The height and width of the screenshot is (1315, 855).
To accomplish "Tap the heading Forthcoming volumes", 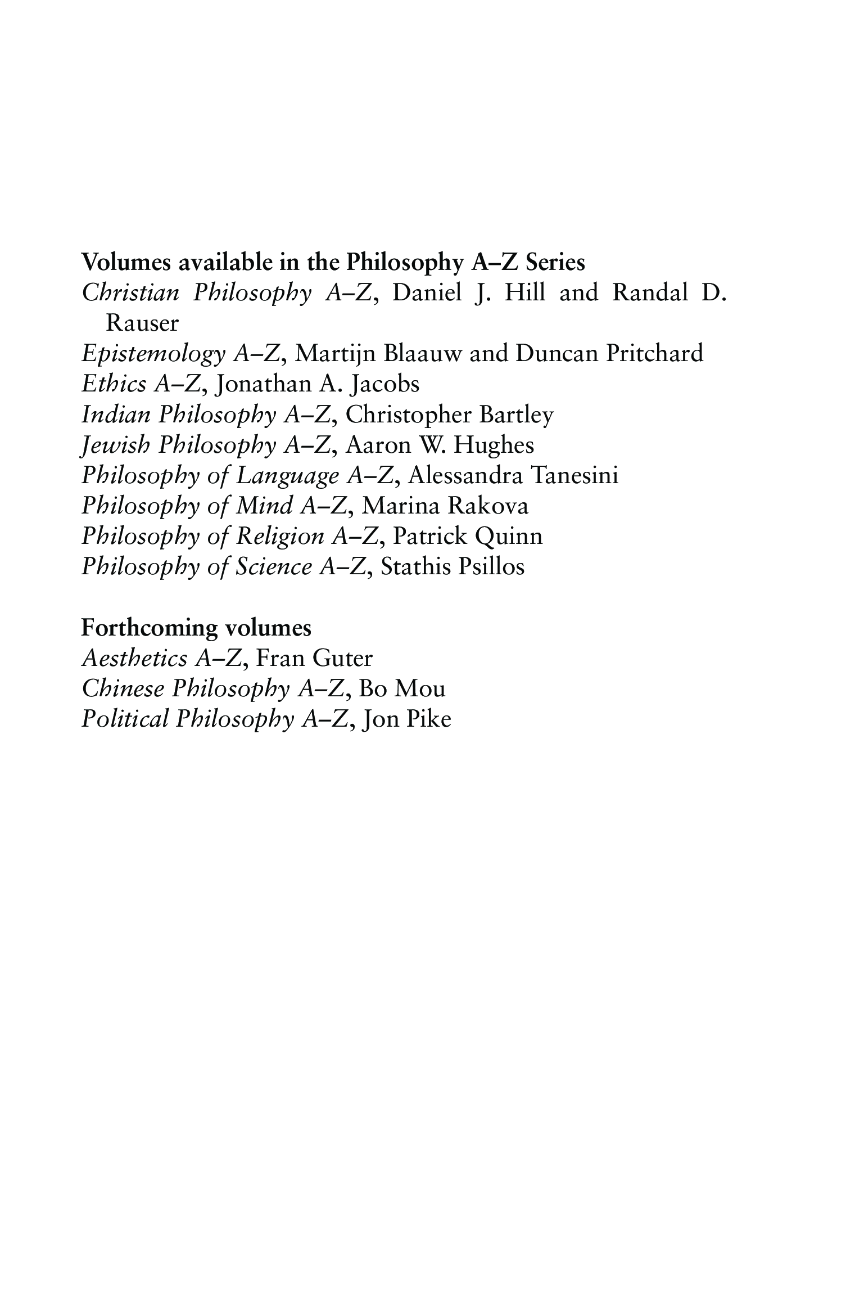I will click(196, 628).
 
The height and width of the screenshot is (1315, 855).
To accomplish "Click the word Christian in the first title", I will click(130, 293).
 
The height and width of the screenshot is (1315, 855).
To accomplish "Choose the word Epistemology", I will click(151, 354).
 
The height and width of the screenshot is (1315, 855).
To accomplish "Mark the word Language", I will click(287, 476).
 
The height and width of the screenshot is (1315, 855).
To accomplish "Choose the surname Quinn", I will click(508, 537).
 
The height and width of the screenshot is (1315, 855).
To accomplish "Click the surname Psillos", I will click(491, 566).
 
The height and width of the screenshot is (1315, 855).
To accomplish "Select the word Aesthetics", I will click(134, 658).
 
